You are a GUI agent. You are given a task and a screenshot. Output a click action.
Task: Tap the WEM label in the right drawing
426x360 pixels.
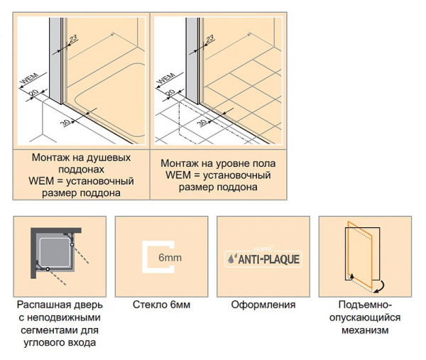165,80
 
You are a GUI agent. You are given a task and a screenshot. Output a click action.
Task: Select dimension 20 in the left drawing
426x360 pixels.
33,93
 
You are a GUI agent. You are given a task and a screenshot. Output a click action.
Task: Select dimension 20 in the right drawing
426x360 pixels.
170,93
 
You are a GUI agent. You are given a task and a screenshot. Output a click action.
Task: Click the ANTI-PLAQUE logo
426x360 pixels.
262,259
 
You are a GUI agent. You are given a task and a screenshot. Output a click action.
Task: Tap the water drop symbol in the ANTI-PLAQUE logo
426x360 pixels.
234,260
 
